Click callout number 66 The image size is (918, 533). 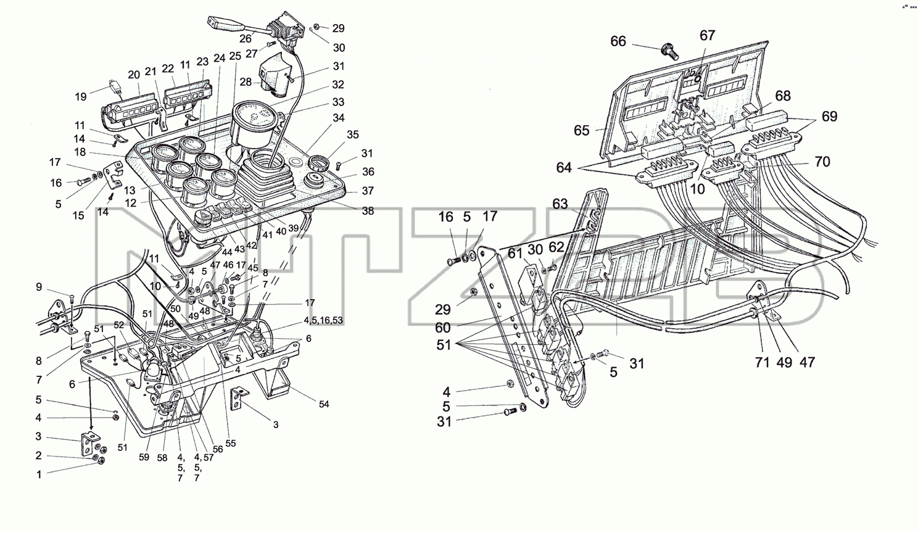[x=618, y=41]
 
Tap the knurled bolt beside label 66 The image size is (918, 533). [x=669, y=52]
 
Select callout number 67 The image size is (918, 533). [x=708, y=36]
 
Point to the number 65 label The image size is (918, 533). [x=582, y=130]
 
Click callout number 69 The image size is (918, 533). [x=830, y=117]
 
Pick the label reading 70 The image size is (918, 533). [x=822, y=162]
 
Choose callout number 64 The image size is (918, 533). [x=564, y=168]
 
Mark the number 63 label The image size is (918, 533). [x=560, y=204]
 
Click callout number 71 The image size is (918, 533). [x=763, y=362]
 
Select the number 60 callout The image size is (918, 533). [x=442, y=328]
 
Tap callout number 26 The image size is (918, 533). [x=245, y=38]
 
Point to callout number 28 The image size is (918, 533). [x=246, y=82]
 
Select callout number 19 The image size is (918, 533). [x=81, y=97]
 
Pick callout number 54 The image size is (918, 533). [x=324, y=404]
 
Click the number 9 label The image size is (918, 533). [x=39, y=287]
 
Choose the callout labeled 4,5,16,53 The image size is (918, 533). [x=323, y=320]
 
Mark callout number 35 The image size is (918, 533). [x=352, y=134]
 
